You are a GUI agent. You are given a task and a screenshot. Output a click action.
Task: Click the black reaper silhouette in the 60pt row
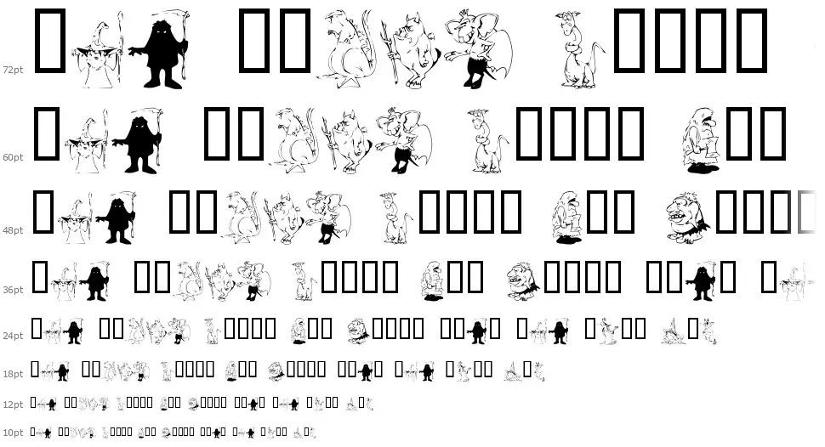click(x=139, y=140)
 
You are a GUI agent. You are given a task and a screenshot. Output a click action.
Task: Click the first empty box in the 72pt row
click(x=50, y=40)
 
